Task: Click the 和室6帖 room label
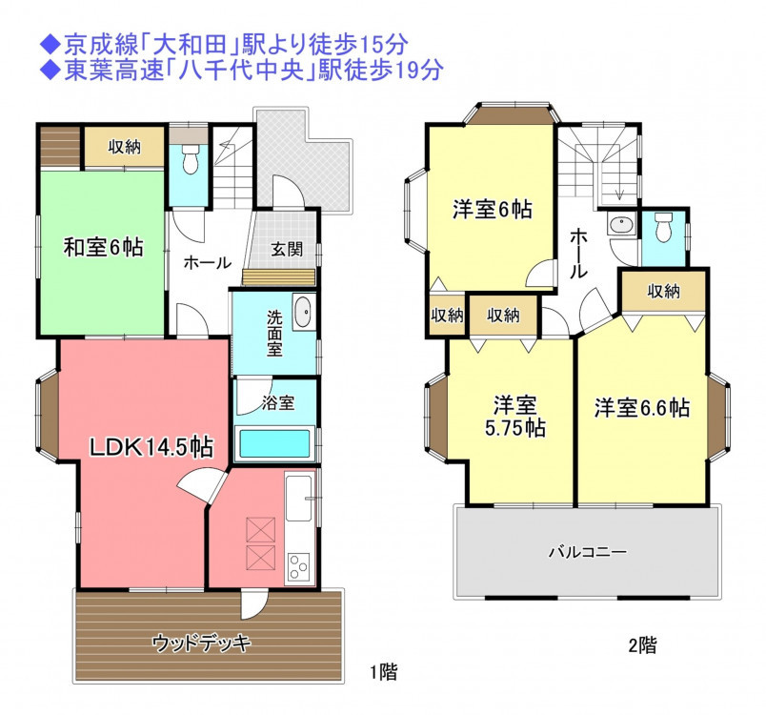[104, 247]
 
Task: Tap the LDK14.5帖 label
[151, 447]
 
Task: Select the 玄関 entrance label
[287, 249]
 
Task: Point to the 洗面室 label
[274, 334]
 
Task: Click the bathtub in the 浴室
[274, 443]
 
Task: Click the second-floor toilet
[663, 227]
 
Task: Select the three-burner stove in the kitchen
[298, 566]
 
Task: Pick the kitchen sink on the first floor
[298, 498]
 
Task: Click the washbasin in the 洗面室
[303, 312]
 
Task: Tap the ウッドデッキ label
[201, 643]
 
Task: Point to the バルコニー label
[588, 552]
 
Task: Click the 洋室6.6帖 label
[642, 408]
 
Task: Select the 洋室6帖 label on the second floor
[492, 209]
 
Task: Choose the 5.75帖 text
[514, 428]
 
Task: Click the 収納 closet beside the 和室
[125, 146]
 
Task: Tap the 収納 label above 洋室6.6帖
[664, 292]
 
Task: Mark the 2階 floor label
[642, 645]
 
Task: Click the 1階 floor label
[384, 672]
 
